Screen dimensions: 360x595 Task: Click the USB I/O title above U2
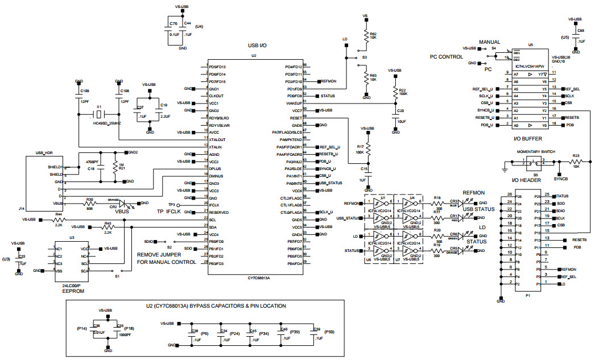pyautogui.click(x=257, y=44)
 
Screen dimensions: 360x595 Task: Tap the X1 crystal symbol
pyautogui.click(x=99, y=115)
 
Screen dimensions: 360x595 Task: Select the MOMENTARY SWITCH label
pyautogui.click(x=536, y=152)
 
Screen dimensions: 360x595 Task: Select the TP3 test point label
pyautogui.click(x=171, y=204)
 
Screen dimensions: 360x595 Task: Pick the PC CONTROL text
pyautogui.click(x=447, y=57)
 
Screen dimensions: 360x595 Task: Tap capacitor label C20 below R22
pyautogui.click(x=400, y=110)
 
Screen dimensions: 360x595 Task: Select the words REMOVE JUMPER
pyautogui.click(x=158, y=255)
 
